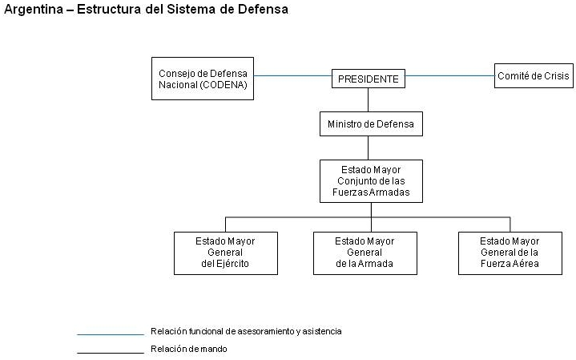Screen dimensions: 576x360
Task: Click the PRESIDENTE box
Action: click(x=369, y=79)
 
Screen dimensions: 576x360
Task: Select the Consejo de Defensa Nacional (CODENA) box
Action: click(x=203, y=79)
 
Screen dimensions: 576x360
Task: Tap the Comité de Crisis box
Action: click(x=534, y=75)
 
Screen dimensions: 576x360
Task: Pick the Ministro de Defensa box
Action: click(x=371, y=124)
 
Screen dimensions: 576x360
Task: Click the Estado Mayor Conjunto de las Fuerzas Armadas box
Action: click(x=371, y=181)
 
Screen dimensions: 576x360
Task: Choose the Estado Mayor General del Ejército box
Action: click(x=226, y=253)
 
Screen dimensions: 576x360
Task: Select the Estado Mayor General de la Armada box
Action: click(x=365, y=253)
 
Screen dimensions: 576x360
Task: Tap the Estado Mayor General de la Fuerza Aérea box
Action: click(x=510, y=253)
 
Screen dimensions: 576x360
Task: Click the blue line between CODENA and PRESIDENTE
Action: click(x=292, y=76)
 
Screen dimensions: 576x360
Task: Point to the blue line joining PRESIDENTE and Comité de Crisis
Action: click(x=449, y=76)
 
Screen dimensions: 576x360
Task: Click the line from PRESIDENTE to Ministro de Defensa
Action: click(x=368, y=100)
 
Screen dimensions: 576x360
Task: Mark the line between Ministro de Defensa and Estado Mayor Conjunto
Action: click(x=368, y=148)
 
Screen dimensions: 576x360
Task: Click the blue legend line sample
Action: click(x=111, y=334)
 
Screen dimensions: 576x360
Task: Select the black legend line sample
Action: click(x=111, y=353)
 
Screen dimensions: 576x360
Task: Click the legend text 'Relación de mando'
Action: click(x=189, y=349)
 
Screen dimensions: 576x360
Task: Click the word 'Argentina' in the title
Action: click(x=34, y=10)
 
